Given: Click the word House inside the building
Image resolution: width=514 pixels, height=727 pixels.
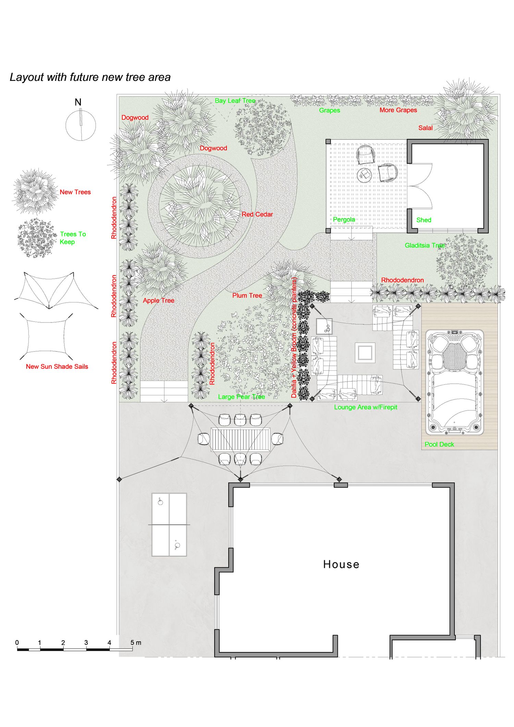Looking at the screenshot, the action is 341,564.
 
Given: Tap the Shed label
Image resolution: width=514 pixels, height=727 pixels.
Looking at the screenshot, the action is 424,220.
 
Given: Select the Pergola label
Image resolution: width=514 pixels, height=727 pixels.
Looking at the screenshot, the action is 344,220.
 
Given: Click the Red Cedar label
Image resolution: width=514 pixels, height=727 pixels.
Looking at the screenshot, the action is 257,214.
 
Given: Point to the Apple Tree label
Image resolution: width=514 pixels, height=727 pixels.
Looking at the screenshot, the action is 159,300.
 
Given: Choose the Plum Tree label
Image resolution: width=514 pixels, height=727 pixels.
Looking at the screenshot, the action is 247,295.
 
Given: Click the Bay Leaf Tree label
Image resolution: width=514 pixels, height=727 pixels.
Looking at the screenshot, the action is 235,101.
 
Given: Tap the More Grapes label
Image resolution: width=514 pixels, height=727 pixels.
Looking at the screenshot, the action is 398,110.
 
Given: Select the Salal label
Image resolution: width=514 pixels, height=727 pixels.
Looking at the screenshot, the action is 425,128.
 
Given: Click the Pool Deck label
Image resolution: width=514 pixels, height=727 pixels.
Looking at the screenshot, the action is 439,444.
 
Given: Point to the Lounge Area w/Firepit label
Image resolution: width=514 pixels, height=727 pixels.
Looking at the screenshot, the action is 366,407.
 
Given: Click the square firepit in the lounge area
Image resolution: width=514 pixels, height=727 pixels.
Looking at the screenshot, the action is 365,353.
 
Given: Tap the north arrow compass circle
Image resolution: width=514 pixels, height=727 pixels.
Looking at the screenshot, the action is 81,125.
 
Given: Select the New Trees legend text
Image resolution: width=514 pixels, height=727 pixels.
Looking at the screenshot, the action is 75,192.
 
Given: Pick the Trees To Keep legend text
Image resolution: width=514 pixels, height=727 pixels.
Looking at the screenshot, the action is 73,238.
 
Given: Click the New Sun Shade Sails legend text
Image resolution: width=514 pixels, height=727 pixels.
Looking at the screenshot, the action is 57,367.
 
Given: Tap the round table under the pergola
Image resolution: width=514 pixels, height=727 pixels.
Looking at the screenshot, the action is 364,175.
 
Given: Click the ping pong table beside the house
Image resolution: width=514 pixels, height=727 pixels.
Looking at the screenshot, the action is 169,525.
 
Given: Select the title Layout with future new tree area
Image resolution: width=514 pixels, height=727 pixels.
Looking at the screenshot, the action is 90,77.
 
